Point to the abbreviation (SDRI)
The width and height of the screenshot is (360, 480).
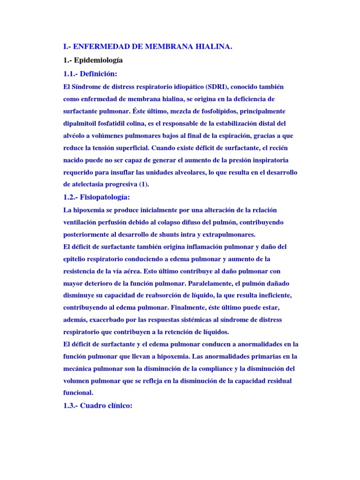(x=212, y=87)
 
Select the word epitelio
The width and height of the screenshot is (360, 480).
(x=75, y=259)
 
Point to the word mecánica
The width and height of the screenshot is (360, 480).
(x=79, y=368)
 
